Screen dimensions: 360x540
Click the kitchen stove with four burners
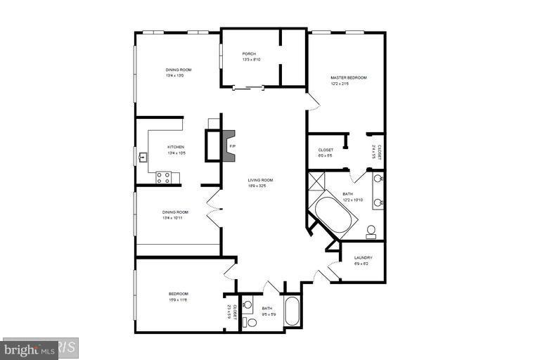[163, 178]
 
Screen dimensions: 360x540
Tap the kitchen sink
[143, 157]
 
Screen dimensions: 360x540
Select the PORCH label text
[249, 54]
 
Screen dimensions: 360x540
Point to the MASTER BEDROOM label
[348, 77]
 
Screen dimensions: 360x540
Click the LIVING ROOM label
[260, 180]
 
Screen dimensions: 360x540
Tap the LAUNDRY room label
[364, 257]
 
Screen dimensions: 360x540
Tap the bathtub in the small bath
[292, 312]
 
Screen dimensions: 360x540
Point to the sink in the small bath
[247, 305]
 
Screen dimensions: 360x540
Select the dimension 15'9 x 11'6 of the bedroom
[178, 300]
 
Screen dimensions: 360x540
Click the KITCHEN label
[175, 147]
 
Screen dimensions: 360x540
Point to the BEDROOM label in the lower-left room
[178, 293]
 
